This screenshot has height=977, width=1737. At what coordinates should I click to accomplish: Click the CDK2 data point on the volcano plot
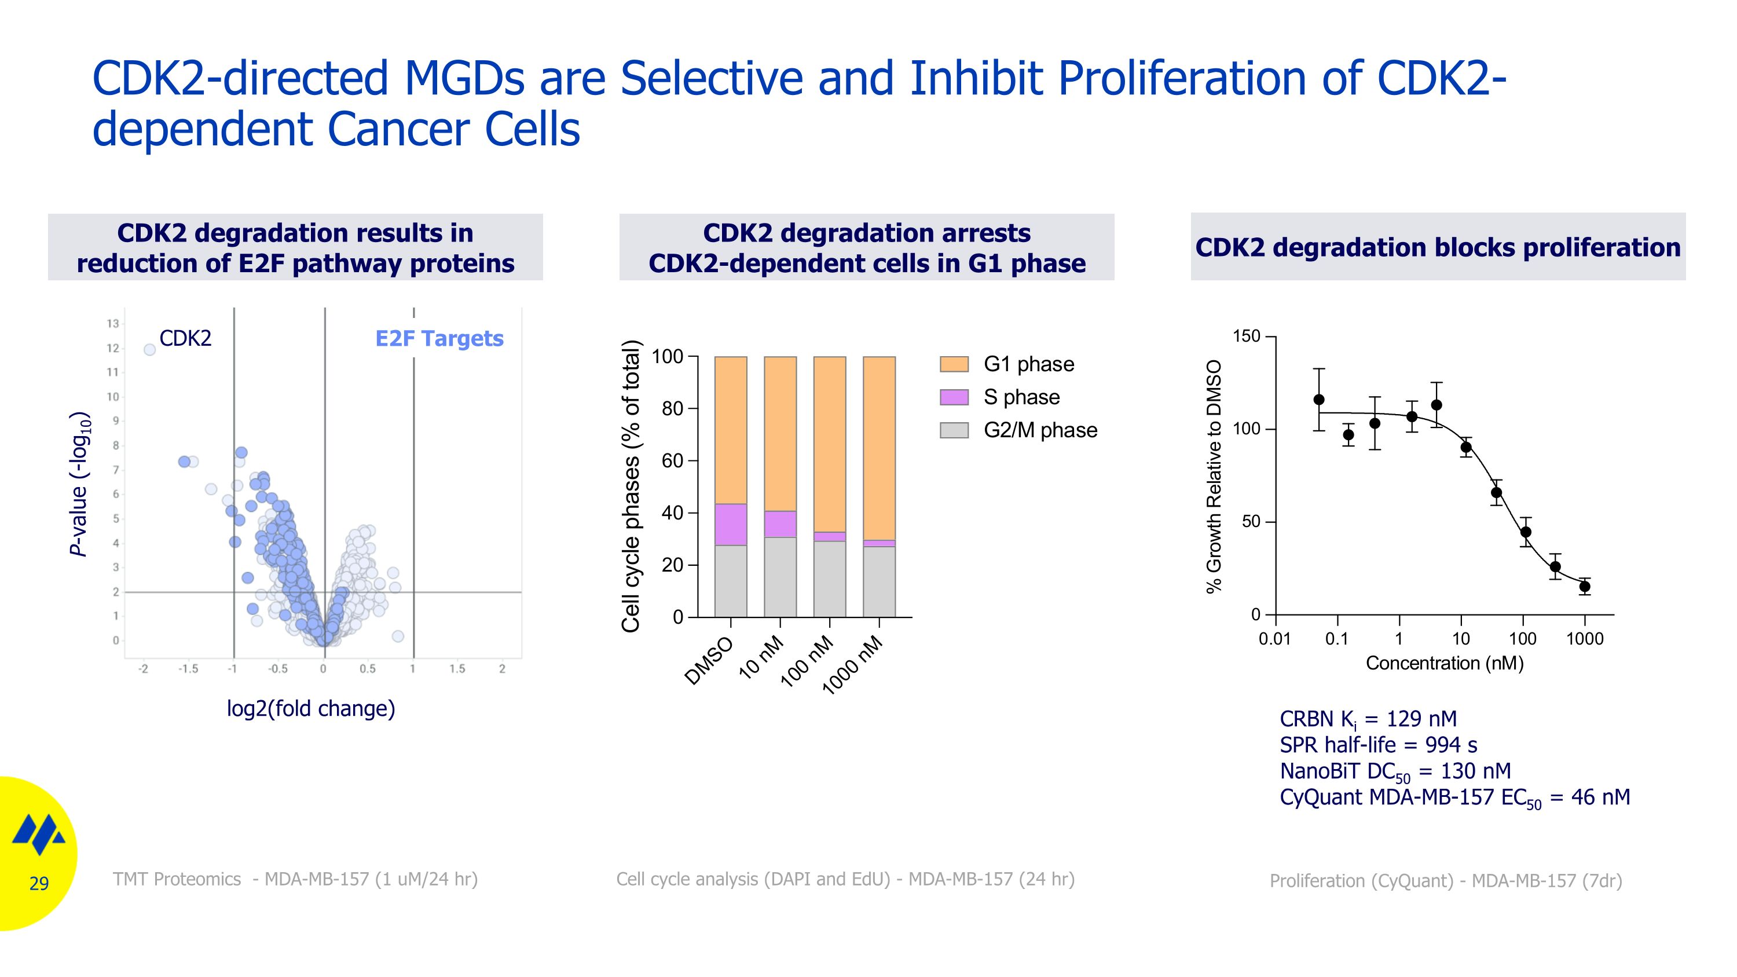point(150,349)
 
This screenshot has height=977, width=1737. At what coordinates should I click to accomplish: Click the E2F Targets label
point(439,338)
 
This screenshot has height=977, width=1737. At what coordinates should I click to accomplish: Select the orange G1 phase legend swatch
point(954,364)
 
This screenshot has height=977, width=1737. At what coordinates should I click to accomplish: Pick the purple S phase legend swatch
point(954,397)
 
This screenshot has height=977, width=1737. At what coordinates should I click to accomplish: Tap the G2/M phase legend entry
point(1040,430)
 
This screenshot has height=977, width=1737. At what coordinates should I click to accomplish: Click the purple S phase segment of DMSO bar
point(730,524)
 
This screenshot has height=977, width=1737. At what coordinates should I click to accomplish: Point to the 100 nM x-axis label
point(808,662)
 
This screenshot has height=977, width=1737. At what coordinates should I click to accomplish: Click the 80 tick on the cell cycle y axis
point(672,409)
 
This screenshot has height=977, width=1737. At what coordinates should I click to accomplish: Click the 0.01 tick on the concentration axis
point(1274,639)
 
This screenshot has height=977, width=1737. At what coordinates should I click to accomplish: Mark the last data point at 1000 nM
point(1585,586)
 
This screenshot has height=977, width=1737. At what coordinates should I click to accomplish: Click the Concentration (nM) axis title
point(1445,664)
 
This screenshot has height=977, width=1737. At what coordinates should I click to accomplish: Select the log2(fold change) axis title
point(311,709)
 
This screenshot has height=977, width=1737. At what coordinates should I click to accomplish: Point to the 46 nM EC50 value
point(1600,797)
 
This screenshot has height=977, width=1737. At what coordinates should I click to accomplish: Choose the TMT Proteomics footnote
point(295,879)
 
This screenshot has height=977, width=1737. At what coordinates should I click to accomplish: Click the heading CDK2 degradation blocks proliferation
point(1438,247)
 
